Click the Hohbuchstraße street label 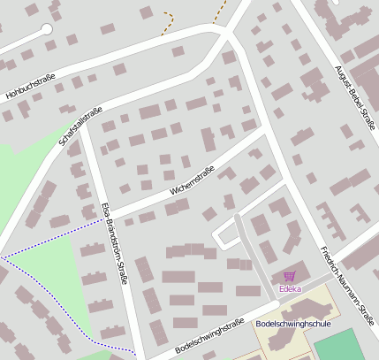click(31, 88)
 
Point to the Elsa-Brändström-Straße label click(115, 243)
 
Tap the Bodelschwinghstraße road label click(209, 336)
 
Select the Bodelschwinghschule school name click(291, 325)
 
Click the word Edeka click(290, 288)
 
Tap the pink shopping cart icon click(290, 277)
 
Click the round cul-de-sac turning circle click(47, 29)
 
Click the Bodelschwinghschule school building click(305, 310)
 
